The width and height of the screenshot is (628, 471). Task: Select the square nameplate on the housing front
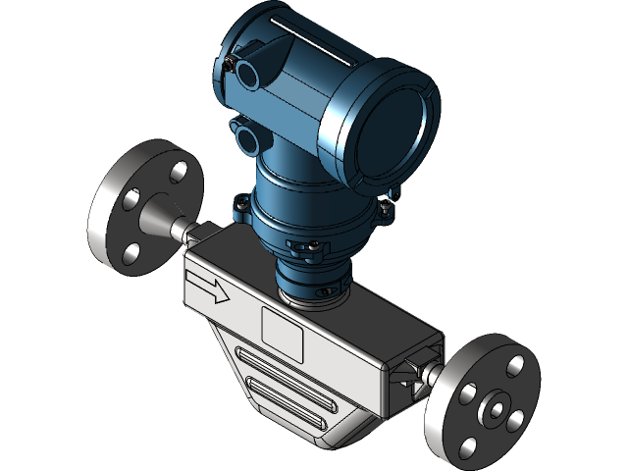click(x=282, y=330)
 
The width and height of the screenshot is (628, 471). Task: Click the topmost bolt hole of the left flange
click(x=178, y=172)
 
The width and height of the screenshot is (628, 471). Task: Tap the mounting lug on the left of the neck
click(x=239, y=206)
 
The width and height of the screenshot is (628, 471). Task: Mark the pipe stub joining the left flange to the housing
click(x=185, y=232)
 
